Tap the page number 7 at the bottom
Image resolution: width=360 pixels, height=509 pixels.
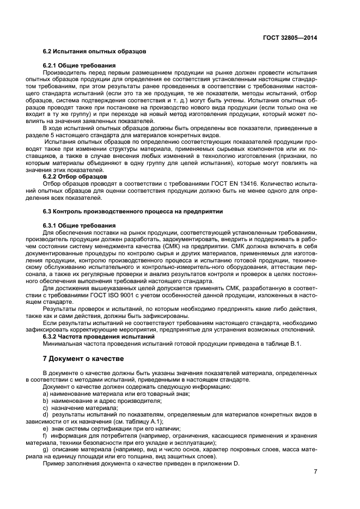click(315, 471)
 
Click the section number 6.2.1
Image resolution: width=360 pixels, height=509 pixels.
click(51, 65)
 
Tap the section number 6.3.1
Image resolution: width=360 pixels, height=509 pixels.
click(51, 224)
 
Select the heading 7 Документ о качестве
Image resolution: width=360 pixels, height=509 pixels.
click(83, 359)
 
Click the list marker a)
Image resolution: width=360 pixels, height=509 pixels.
click(46, 393)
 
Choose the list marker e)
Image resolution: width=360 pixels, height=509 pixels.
click(46, 428)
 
